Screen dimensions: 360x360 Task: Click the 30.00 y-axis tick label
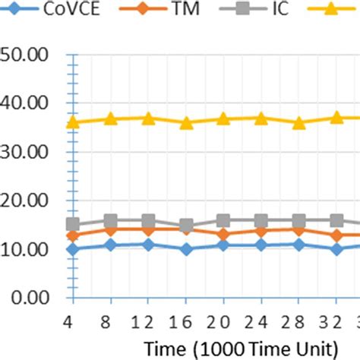(x=27, y=151)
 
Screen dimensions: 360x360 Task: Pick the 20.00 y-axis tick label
(x=27, y=201)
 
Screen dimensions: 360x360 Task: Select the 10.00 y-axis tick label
(x=27, y=249)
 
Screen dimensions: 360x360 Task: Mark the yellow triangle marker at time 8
(x=110, y=118)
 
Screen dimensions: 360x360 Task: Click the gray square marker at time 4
(x=73, y=224)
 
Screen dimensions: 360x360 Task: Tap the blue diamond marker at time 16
(x=185, y=249)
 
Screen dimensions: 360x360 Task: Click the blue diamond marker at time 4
(x=73, y=249)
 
